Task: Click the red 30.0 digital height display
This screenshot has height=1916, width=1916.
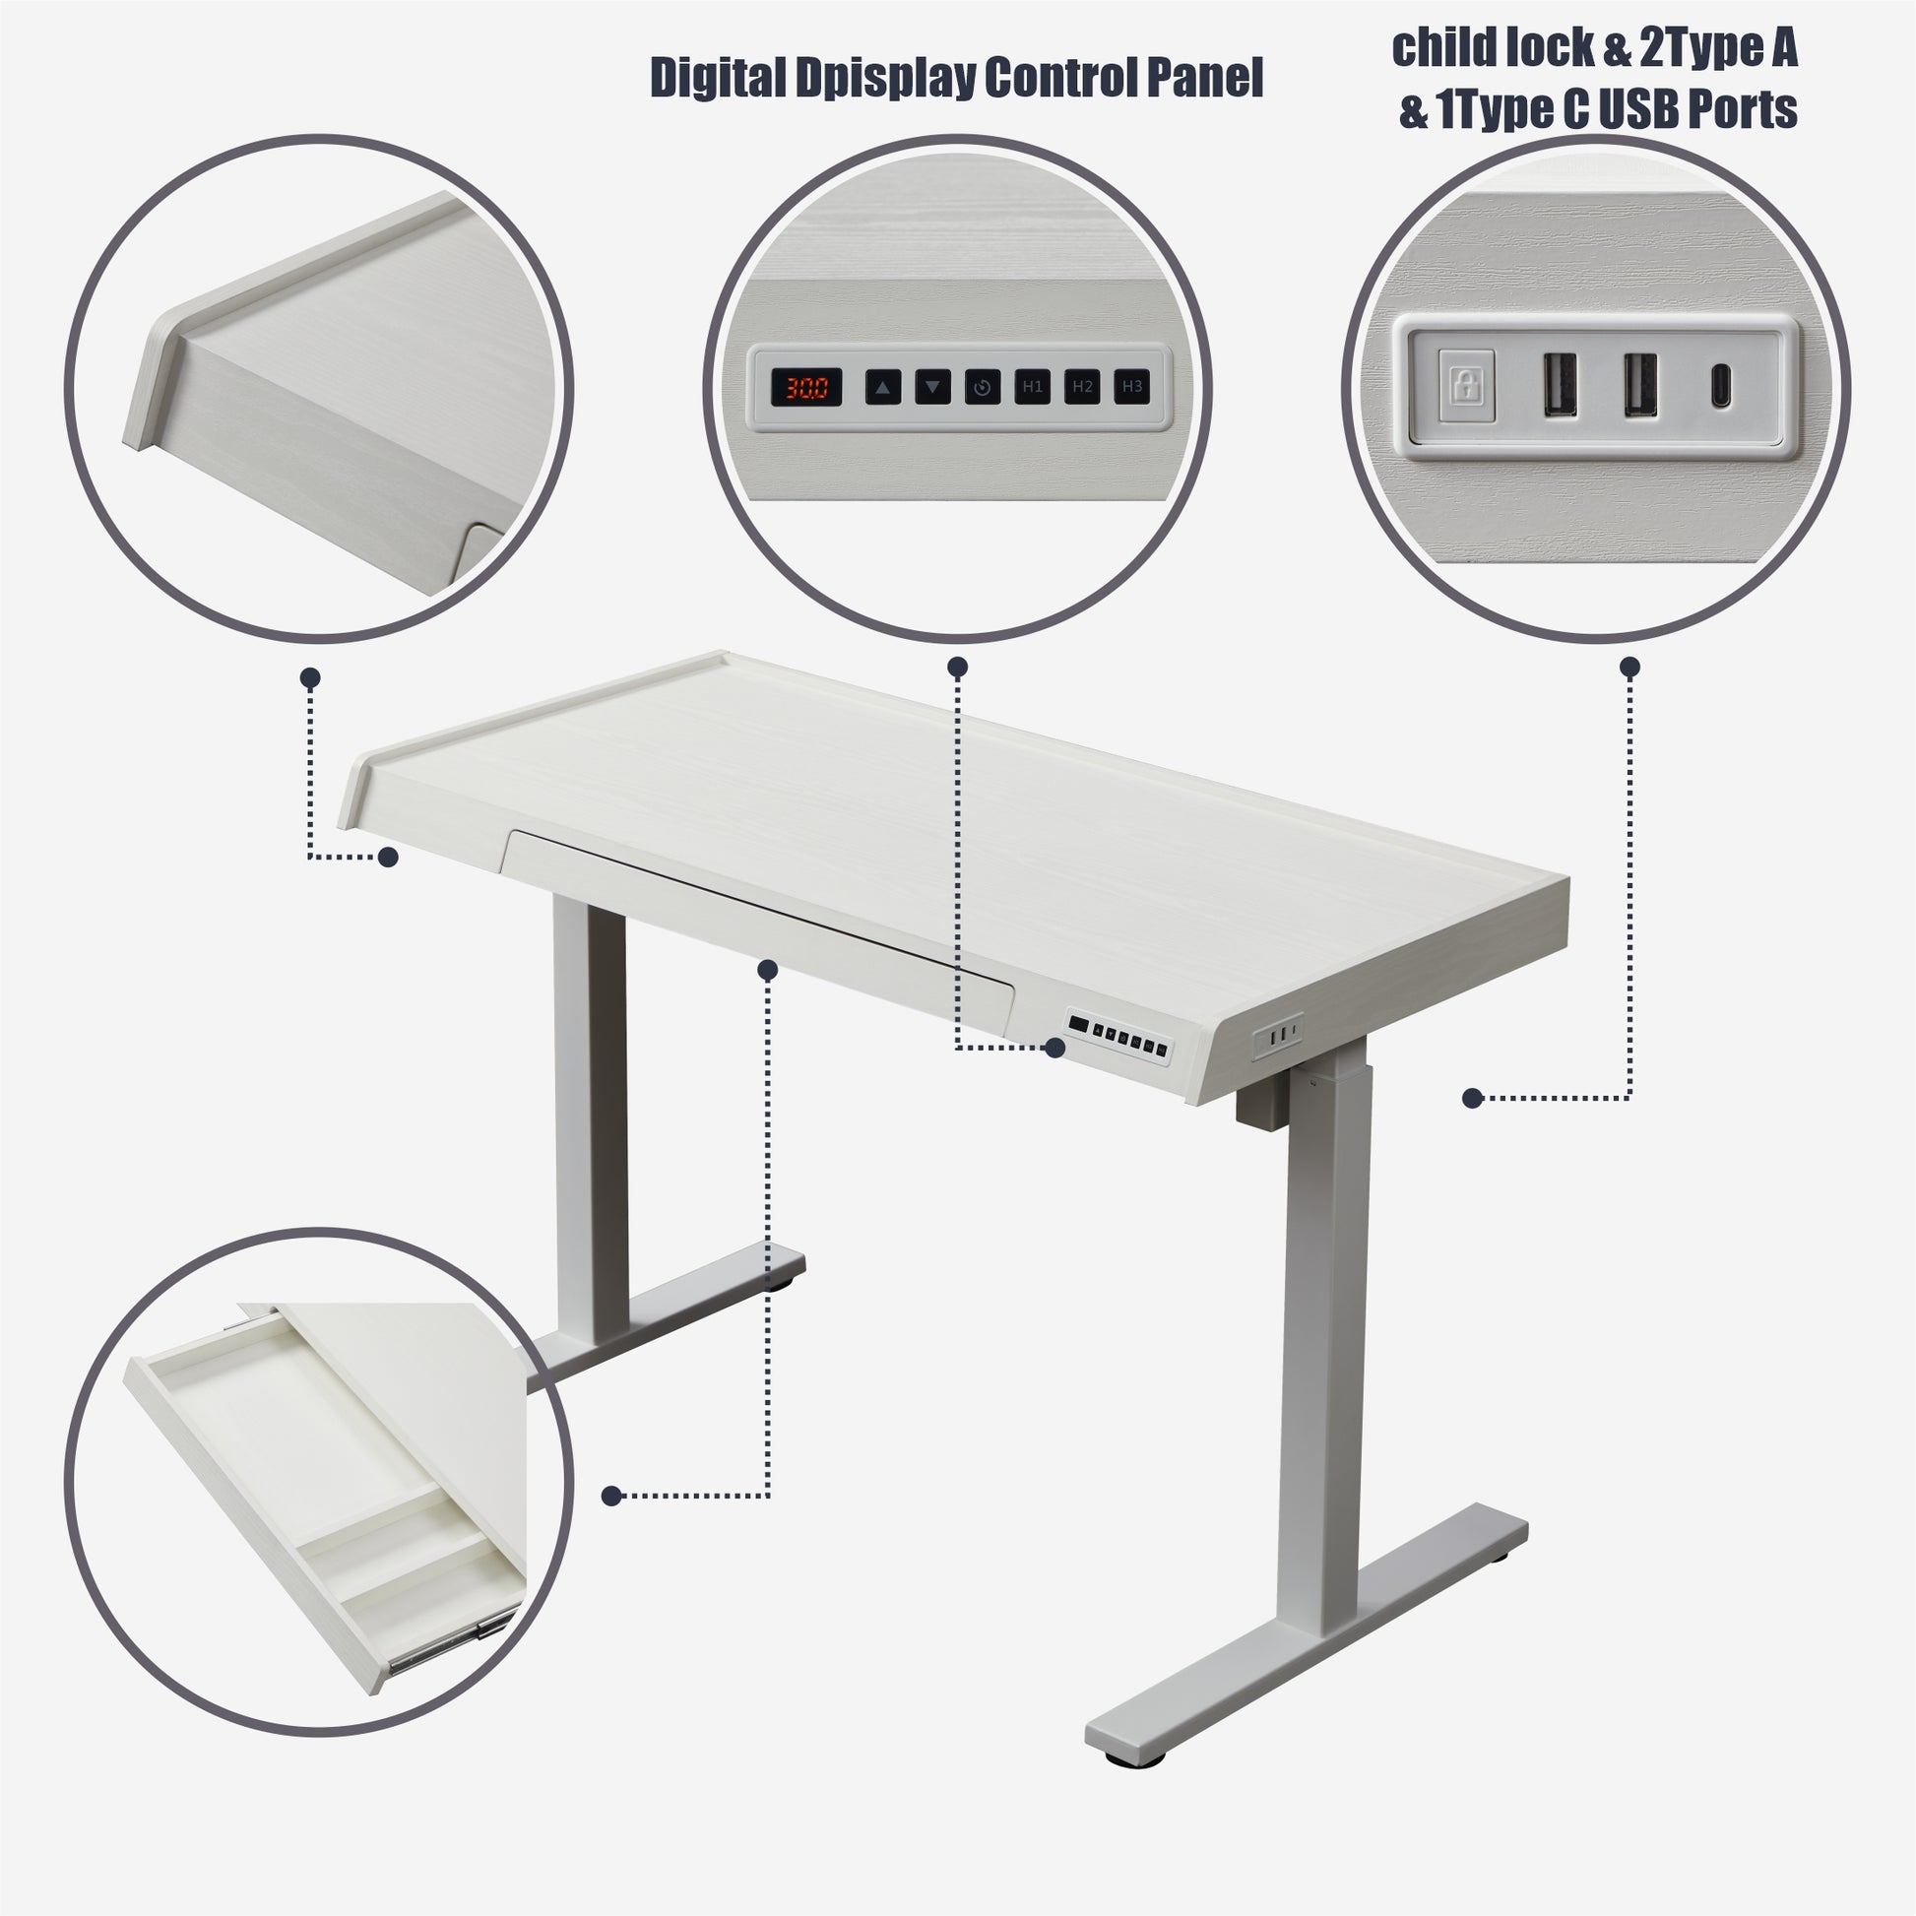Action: [x=806, y=387]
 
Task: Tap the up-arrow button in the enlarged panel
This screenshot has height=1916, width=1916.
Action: [x=882, y=387]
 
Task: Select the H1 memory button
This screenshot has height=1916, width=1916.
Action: [x=1033, y=387]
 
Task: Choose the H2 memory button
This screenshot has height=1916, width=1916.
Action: [x=1082, y=387]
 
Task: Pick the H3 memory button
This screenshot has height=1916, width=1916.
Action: [x=1131, y=387]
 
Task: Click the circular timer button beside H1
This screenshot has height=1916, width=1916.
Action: [x=982, y=387]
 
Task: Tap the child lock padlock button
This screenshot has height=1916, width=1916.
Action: [x=1466, y=385]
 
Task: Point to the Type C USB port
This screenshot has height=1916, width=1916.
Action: [x=1720, y=385]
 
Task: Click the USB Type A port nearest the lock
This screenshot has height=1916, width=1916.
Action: [x=1559, y=385]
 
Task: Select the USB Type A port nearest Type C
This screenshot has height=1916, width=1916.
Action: [x=1639, y=385]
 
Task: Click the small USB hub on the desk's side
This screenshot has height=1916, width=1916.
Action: [x=1277, y=1038]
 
